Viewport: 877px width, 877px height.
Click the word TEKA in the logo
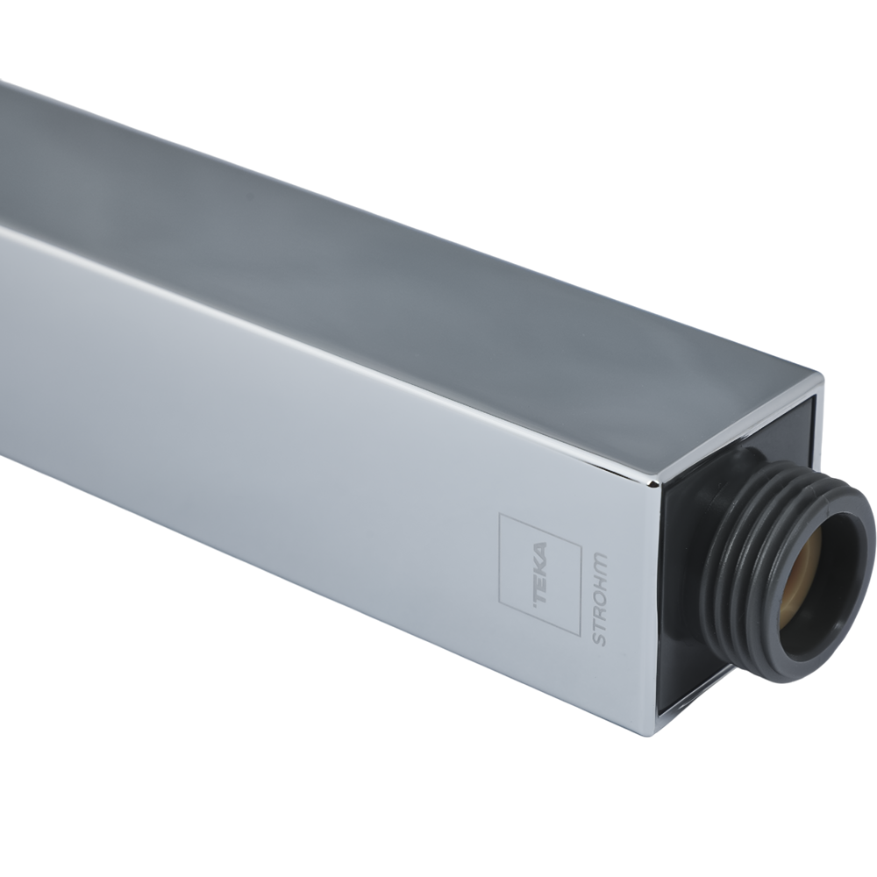click(542, 574)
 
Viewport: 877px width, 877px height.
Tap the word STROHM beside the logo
click(600, 597)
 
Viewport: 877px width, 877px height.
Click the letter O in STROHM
click(599, 594)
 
